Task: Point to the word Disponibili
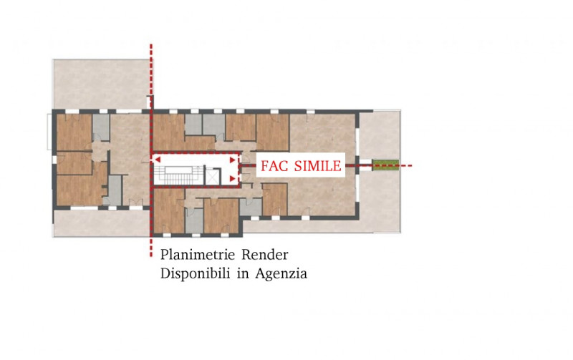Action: [195, 273]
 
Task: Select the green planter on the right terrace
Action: [386, 165]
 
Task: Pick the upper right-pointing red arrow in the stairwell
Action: [231, 160]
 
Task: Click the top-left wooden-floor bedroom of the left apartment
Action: [73, 131]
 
